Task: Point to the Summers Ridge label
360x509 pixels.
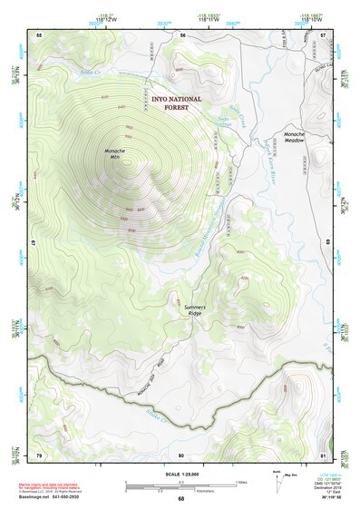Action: click(x=195, y=310)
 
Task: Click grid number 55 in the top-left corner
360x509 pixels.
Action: click(x=39, y=34)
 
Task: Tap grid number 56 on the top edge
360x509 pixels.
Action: click(x=181, y=34)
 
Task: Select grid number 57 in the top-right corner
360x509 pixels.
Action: click(x=324, y=34)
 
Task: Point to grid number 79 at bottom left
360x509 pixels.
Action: click(x=39, y=455)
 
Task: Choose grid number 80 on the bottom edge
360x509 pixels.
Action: click(x=181, y=455)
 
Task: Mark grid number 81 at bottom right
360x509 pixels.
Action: click(x=324, y=455)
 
